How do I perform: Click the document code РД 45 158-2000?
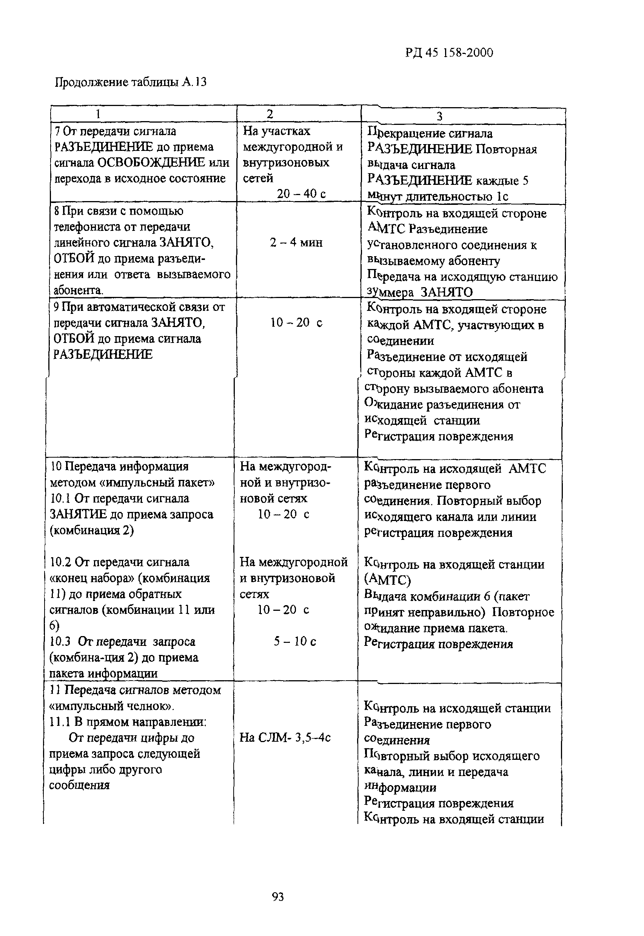(449, 53)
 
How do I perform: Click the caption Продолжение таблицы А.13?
(130, 82)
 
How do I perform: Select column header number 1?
(98, 115)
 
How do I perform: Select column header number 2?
(270, 114)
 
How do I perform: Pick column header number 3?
(439, 117)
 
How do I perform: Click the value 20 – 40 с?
(300, 194)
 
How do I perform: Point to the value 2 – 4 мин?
(296, 242)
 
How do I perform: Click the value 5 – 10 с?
(294, 641)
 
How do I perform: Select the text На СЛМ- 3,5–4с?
(285, 738)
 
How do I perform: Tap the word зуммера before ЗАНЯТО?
(390, 292)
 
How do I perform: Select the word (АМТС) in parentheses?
(387, 580)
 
